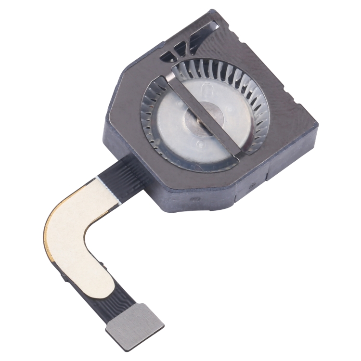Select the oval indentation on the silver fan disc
[x=207, y=91]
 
